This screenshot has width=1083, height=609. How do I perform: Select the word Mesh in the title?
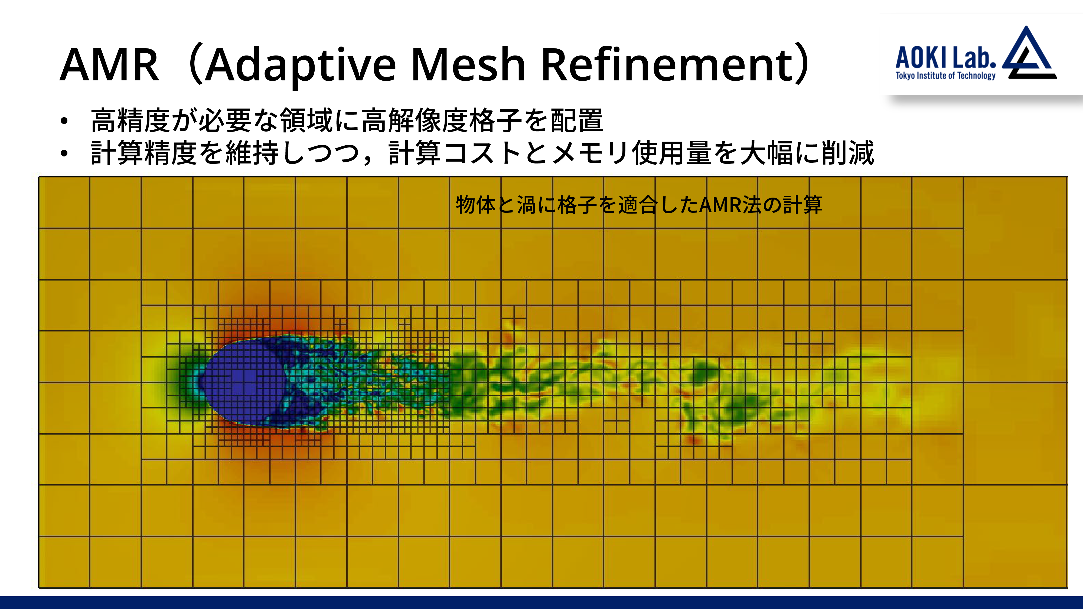pos(468,64)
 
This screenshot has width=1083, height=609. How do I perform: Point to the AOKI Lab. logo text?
pos(945,58)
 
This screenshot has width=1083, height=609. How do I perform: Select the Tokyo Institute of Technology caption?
pos(945,76)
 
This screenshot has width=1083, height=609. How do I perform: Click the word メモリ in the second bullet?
pos(591,153)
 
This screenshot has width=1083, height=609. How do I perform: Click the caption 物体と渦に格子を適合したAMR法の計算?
pos(639,205)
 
